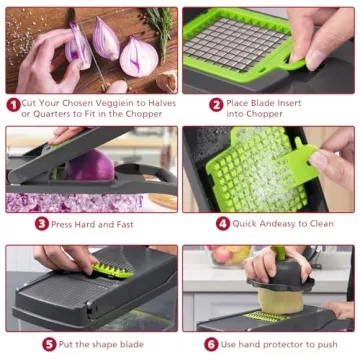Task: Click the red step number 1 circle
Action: point(13,104)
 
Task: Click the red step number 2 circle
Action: point(216,104)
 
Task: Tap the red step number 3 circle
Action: point(42,224)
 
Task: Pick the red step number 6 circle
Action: point(211,344)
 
